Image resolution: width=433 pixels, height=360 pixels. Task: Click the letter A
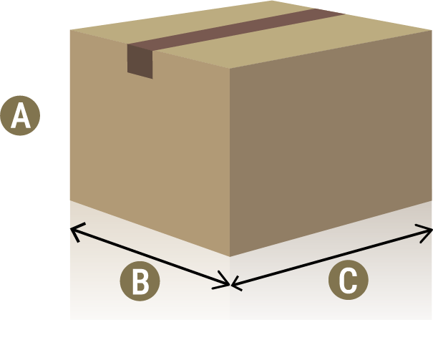click(21, 116)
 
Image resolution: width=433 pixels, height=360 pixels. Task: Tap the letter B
click(140, 281)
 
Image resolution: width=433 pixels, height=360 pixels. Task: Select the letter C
click(348, 281)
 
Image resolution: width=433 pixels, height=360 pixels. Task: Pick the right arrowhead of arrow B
click(226, 284)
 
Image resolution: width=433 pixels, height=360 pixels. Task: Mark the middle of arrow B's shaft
click(150, 256)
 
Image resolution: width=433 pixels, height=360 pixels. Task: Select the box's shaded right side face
click(329, 157)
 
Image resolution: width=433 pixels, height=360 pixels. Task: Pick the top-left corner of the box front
click(70, 30)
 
